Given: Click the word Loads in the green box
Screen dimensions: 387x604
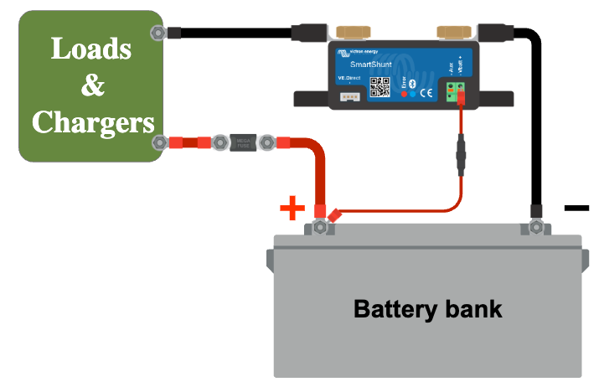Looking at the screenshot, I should [90, 48].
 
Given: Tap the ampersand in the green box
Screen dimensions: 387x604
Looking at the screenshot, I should [90, 85].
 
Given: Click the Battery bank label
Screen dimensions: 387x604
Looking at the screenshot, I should [427, 308].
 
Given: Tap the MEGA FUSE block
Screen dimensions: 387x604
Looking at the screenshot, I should [243, 143].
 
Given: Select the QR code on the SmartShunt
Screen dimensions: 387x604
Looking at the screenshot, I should [381, 86].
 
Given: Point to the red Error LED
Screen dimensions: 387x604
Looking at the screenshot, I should [405, 94].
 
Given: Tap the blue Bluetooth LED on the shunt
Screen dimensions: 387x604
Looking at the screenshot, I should [413, 94].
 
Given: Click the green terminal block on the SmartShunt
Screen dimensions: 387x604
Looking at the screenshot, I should [457, 90].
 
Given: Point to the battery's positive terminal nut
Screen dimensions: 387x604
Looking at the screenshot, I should [319, 224].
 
